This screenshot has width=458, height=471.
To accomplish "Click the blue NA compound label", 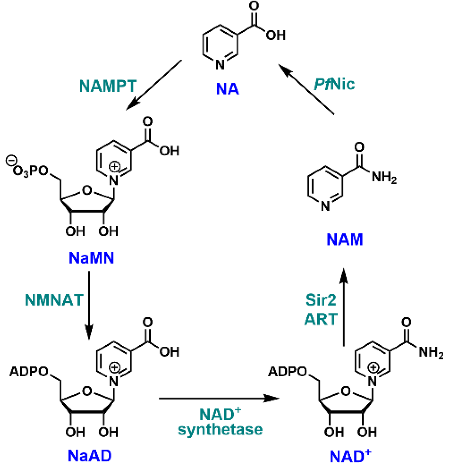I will tap(227, 89).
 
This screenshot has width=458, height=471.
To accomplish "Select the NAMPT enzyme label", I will tap(108, 86).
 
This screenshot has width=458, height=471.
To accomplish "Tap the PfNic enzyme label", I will tap(334, 84).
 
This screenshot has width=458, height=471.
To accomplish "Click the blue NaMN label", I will tap(91, 258).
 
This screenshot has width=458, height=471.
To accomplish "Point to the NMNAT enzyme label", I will tap(54, 300).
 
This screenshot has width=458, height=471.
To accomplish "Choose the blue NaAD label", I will tap(89, 456).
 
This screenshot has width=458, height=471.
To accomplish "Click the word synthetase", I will tap(220, 429).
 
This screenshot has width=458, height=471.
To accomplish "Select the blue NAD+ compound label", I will tap(350, 456).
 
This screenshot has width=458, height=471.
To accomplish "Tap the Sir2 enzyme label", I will tap(321, 300).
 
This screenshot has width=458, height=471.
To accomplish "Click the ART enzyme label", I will tap(321, 319).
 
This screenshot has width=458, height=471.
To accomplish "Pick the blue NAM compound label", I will tap(345, 239).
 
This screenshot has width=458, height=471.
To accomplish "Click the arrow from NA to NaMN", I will tap(154, 85).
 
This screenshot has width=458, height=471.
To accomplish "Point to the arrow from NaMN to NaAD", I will tap(89, 305).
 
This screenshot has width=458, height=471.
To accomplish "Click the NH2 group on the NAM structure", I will tap(384, 177).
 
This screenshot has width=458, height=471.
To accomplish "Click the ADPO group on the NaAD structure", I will tap(29, 371).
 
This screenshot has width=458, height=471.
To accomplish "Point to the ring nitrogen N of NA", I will tap(220, 65).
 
